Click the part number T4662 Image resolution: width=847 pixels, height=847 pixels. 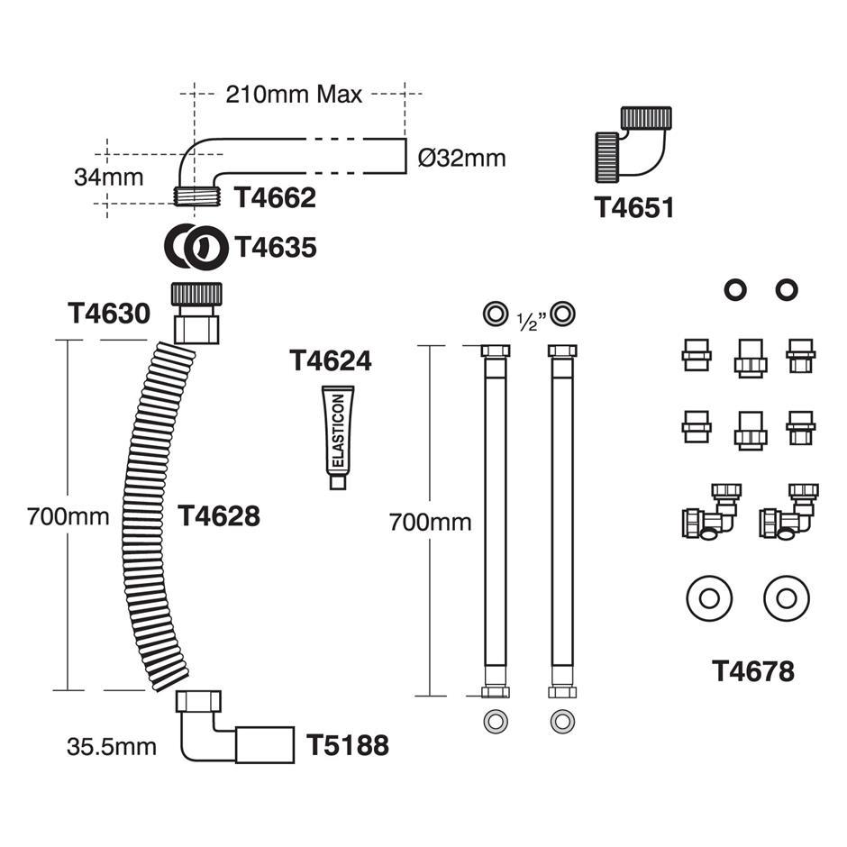pyautogui.click(x=276, y=198)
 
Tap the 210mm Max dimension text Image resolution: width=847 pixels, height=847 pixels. pyautogui.click(x=294, y=94)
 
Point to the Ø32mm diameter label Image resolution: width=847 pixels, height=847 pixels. pyautogui.click(x=462, y=159)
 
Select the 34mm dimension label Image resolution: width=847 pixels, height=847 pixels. pyautogui.click(x=108, y=177)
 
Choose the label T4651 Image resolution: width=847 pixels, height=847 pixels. pyautogui.click(x=634, y=208)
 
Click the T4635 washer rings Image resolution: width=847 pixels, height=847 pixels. pyautogui.click(x=196, y=246)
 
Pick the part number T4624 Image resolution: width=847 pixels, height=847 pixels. pyautogui.click(x=330, y=360)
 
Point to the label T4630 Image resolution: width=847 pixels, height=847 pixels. pyautogui.click(x=108, y=314)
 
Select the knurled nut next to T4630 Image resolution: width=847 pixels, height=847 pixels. pyautogui.click(x=196, y=295)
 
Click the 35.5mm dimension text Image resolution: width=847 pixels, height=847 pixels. pyautogui.click(x=111, y=746)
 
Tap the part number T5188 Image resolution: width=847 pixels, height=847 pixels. pyautogui.click(x=348, y=745)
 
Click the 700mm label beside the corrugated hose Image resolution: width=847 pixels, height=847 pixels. pyautogui.click(x=68, y=517)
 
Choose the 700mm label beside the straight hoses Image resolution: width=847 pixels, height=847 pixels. pyautogui.click(x=430, y=522)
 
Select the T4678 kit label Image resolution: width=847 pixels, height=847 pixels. pyautogui.click(x=753, y=671)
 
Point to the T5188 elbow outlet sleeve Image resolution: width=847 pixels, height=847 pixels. pyautogui.click(x=265, y=745)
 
